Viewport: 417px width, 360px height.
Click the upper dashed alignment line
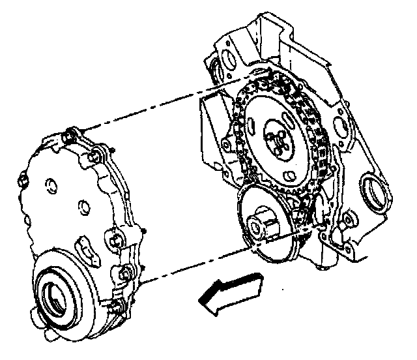156,108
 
